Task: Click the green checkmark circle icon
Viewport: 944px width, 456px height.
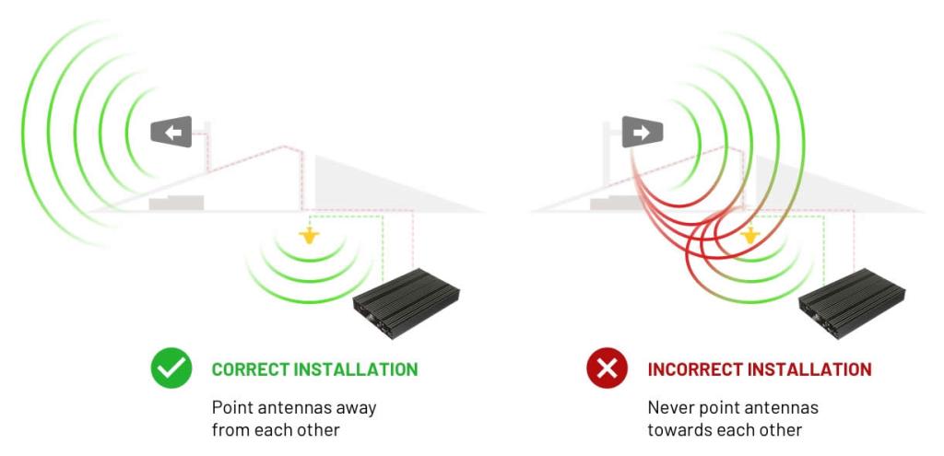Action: tap(171, 369)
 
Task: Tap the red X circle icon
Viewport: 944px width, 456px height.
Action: tap(608, 369)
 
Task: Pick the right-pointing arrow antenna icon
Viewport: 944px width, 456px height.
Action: tap(643, 133)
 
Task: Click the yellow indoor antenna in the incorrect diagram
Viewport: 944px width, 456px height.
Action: tap(751, 237)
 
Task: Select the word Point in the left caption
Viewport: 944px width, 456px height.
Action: tap(230, 406)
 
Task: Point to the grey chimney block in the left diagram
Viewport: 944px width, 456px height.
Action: tap(177, 201)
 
